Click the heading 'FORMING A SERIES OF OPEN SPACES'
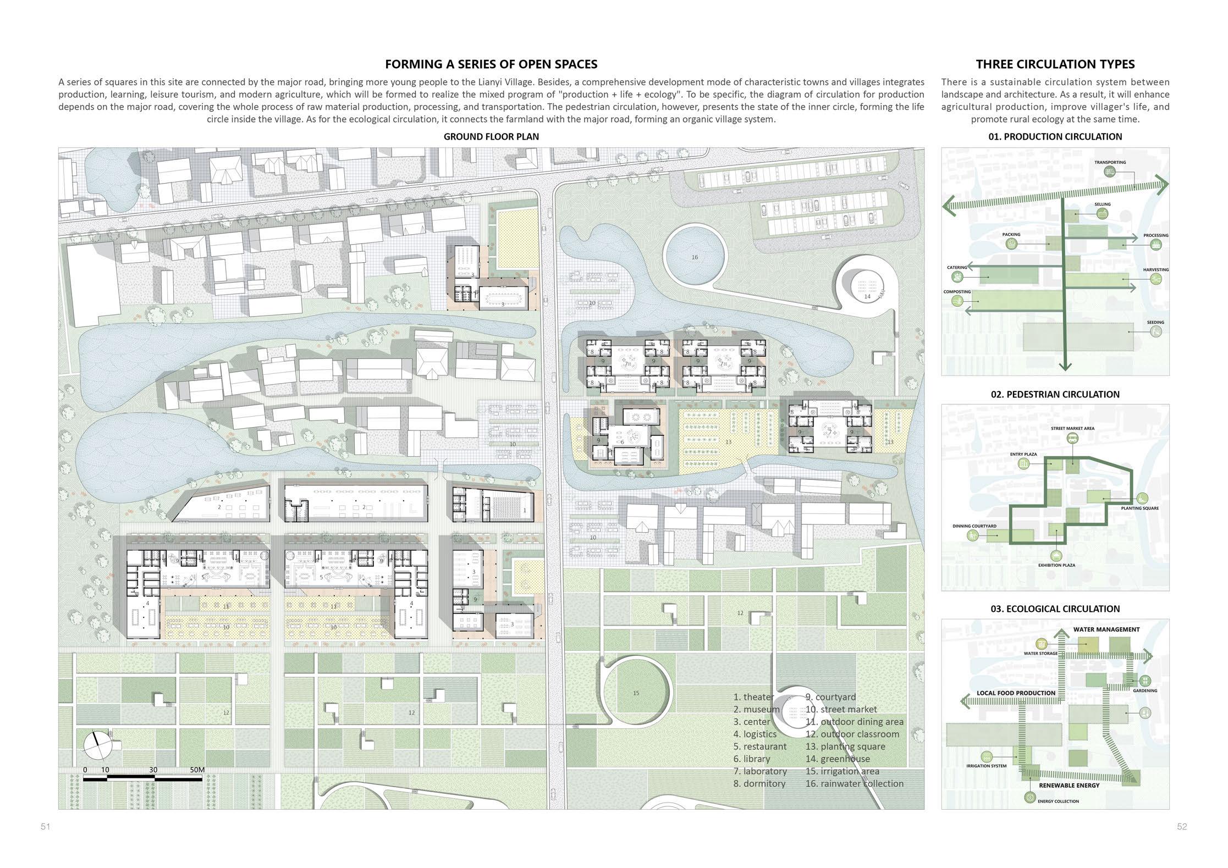click(491, 64)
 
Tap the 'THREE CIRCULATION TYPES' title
click(1055, 64)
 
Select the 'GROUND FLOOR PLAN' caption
click(491, 137)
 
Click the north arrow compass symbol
click(97, 745)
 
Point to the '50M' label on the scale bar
click(197, 770)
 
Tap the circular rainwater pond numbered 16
click(695, 257)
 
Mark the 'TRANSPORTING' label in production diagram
click(1110, 162)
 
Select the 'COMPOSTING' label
click(957, 292)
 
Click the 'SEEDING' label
click(1155, 323)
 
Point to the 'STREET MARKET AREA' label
click(1072, 428)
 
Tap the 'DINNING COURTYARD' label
click(974, 526)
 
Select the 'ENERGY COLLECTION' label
click(1058, 801)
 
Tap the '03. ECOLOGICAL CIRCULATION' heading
click(1055, 609)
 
